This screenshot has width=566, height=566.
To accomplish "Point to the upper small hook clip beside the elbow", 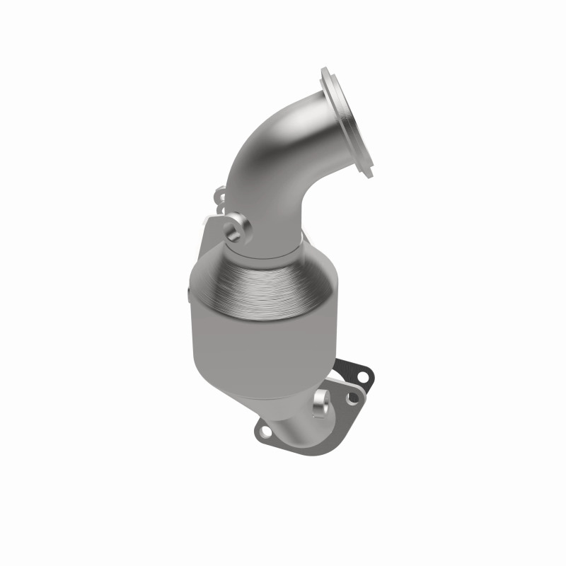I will [219, 192].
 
